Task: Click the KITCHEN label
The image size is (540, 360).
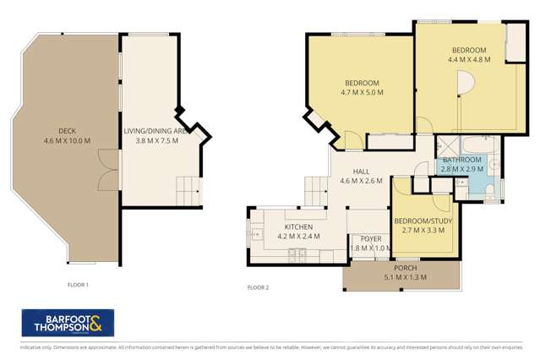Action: [299, 227]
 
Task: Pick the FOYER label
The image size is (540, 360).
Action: [365, 237]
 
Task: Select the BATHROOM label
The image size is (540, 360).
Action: [462, 160]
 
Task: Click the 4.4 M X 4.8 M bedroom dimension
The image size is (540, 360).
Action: [468, 60]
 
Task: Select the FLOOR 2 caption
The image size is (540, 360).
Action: [258, 287]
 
